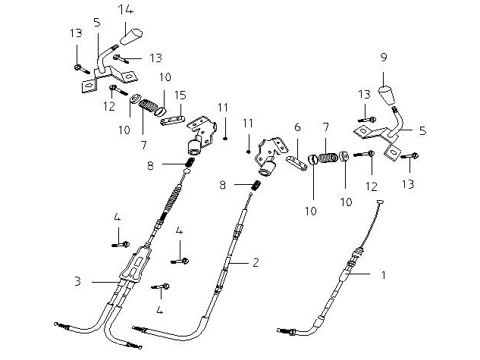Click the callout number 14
click(126, 9)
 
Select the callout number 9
click(384, 57)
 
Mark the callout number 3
click(77, 282)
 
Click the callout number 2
click(256, 262)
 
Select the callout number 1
click(383, 275)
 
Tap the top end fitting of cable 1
click(381, 201)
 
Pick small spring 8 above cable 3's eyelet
click(191, 162)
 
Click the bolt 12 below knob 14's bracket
click(113, 89)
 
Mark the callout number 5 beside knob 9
click(422, 130)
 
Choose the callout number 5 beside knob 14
click(96, 22)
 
